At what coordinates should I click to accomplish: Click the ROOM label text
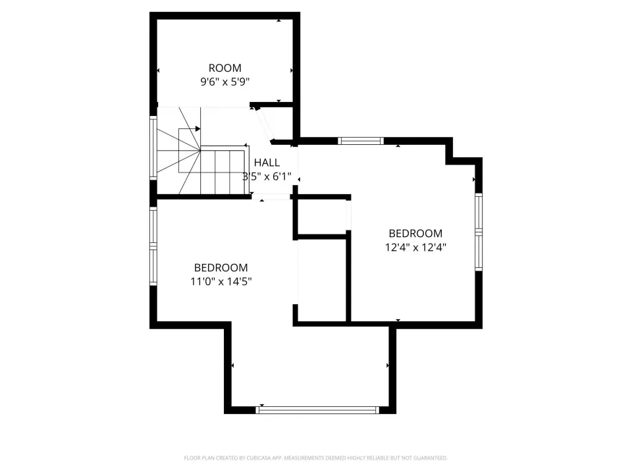[x=225, y=68]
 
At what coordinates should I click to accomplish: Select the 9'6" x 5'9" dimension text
[x=225, y=82]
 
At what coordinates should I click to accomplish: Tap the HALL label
[x=267, y=163]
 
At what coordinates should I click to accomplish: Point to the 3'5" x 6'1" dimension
[x=267, y=176]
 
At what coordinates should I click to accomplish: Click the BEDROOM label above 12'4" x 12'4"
[x=415, y=233]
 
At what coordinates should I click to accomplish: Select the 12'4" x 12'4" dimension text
[x=415, y=247]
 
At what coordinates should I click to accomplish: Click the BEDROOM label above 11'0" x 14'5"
[x=221, y=268]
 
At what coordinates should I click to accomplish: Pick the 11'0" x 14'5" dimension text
[x=221, y=281]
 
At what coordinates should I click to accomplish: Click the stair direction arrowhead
[x=198, y=129]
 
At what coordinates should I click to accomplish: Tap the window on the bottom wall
[x=317, y=410]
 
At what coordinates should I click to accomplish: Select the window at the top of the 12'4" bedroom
[x=361, y=141]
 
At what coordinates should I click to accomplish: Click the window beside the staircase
[x=153, y=147]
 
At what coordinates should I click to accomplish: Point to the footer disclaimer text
[x=315, y=458]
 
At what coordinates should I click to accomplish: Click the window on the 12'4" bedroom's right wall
[x=479, y=232]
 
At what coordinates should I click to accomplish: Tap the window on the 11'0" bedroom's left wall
[x=153, y=246]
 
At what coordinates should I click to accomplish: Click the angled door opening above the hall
[x=265, y=124]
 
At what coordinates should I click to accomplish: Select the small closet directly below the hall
[x=321, y=217]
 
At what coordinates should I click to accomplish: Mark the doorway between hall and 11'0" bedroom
[x=271, y=197]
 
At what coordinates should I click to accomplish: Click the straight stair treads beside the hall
[x=223, y=170]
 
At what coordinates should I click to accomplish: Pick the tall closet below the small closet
[x=321, y=280]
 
